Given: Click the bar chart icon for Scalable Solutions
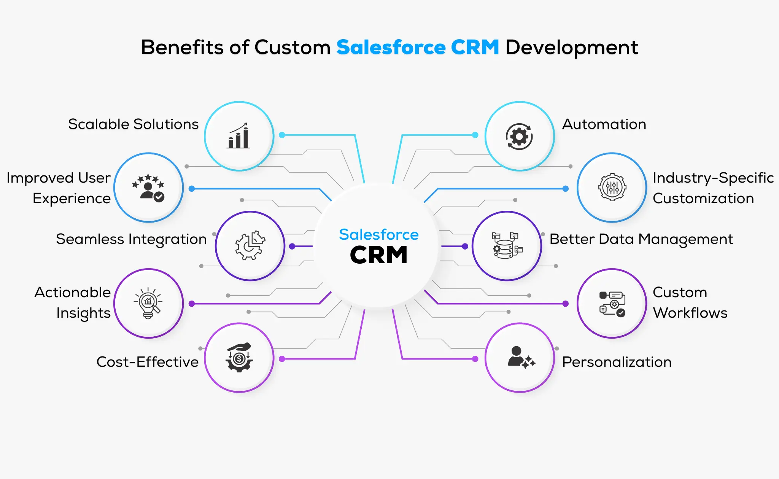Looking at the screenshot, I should coord(238,136).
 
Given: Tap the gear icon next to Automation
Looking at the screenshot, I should coord(519,136).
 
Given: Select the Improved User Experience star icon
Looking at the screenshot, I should coord(148,188).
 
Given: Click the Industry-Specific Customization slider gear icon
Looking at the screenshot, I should coord(612,187).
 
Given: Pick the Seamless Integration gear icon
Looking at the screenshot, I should coord(250,246).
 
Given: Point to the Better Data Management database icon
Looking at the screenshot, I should coord(507,246).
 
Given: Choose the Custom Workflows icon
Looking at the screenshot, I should coord(612,304).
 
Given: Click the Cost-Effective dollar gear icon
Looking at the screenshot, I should coord(239,358).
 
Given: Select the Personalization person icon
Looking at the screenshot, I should coord(520,358).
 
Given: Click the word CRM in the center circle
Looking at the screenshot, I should coord(378,255).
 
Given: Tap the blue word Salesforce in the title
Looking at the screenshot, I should coord(391,48).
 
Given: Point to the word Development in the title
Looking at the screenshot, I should coord(571,48).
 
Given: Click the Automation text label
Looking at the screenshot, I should coord(604,124).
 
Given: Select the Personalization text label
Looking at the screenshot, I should coord(617,362).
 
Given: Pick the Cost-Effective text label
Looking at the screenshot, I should coord(148,362).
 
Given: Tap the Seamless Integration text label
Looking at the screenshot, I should coord(131,239).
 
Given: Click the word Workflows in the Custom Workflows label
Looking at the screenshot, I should coord(690,313).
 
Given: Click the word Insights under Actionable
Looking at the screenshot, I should coord(83,313).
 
